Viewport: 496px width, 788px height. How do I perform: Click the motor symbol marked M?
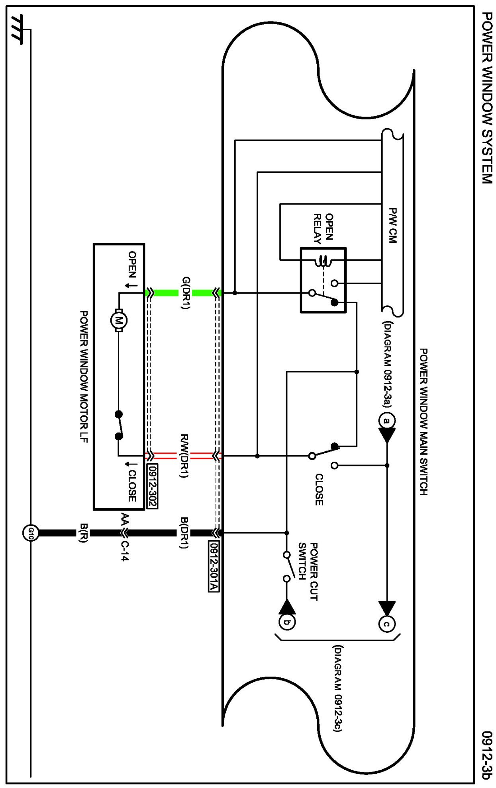(118, 320)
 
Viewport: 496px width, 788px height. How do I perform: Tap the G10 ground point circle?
(30, 532)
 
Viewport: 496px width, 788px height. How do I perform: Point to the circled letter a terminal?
(386, 421)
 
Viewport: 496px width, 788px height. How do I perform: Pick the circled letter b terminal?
(287, 622)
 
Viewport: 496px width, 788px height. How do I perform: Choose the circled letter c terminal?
(386, 624)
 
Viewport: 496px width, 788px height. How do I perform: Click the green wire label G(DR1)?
(185, 293)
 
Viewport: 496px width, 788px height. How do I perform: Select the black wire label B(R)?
(83, 532)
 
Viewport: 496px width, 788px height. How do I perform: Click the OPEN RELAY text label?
(323, 228)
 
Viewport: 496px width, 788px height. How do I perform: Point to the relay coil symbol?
(323, 261)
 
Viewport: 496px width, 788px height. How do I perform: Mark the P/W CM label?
(392, 225)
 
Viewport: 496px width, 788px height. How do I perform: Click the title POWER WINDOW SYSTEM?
(486, 98)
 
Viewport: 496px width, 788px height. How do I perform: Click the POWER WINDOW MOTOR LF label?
(84, 376)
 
